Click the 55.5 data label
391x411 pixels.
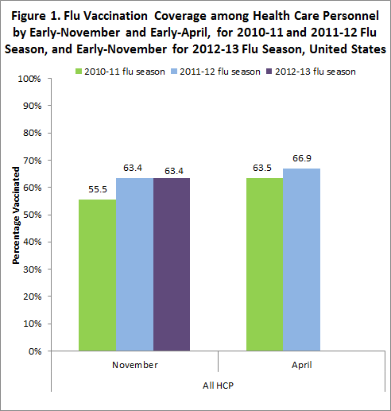coord(97,192)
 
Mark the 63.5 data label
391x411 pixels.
coord(264,170)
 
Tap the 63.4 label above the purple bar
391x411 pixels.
coord(172,170)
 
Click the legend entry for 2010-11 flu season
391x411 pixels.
coord(114,71)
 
